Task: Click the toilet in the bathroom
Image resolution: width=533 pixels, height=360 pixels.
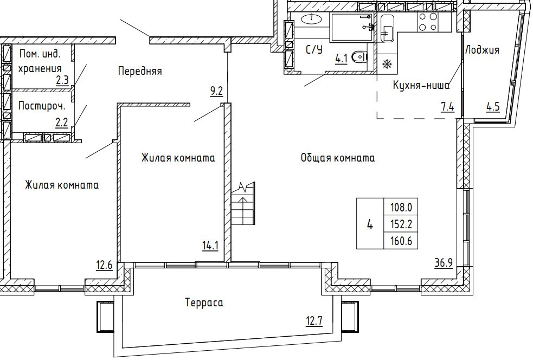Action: coord(360,57)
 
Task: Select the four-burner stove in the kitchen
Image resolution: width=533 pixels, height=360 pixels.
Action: coord(428,22)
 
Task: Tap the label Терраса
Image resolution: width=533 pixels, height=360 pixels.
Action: coord(204,303)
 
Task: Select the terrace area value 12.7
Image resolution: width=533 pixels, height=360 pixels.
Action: coord(314,321)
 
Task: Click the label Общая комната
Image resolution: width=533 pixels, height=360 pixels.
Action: coord(338,158)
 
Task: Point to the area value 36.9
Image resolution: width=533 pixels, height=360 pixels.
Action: coord(444,263)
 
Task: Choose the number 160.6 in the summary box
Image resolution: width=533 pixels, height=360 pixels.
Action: coord(401,241)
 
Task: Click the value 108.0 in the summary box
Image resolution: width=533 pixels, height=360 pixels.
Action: coord(401,207)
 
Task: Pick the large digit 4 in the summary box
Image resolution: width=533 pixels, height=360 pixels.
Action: coord(370,224)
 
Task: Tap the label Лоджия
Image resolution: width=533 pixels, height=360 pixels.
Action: coord(482,50)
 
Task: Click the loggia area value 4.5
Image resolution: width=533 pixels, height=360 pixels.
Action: coord(492,107)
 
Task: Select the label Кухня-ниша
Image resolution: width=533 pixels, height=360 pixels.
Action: coord(421,85)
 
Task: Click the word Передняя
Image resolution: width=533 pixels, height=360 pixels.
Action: coord(140,72)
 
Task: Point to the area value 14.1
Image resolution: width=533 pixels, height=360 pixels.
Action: coord(210,246)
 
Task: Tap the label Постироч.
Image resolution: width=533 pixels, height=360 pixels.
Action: coord(42,106)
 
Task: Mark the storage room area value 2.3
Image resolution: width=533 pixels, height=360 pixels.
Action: coord(62,81)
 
